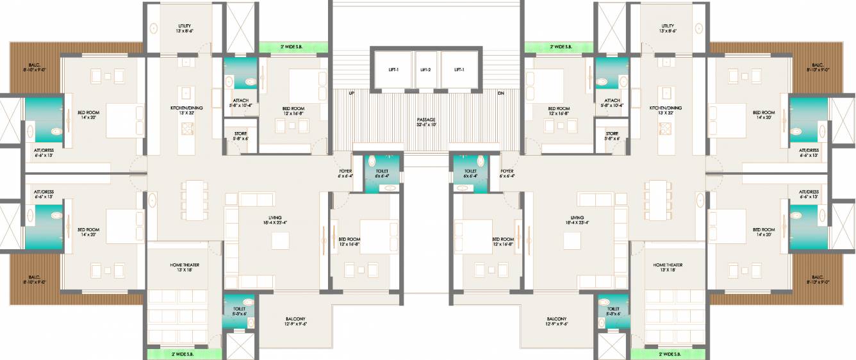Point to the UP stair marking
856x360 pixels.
(x=351, y=93)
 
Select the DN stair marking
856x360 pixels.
(x=500, y=93)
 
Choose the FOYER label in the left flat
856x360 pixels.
(x=345, y=171)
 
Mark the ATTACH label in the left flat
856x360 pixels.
(x=240, y=101)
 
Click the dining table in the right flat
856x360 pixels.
(x=659, y=192)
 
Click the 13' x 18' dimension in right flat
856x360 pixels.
(x=668, y=270)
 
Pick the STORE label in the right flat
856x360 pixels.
(x=612, y=133)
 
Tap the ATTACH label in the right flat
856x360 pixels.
(x=611, y=101)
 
